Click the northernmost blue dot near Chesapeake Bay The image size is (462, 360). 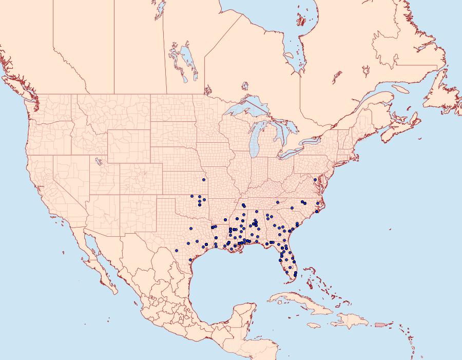coord(315,180)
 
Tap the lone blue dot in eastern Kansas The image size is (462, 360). coord(204,180)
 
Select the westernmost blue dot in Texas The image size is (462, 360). coord(189,243)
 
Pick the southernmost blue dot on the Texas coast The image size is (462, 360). coord(190,260)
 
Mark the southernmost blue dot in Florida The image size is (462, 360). coord(295,275)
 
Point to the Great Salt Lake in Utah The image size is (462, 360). coord(97,162)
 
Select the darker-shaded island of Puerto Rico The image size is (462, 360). coord(380,324)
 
